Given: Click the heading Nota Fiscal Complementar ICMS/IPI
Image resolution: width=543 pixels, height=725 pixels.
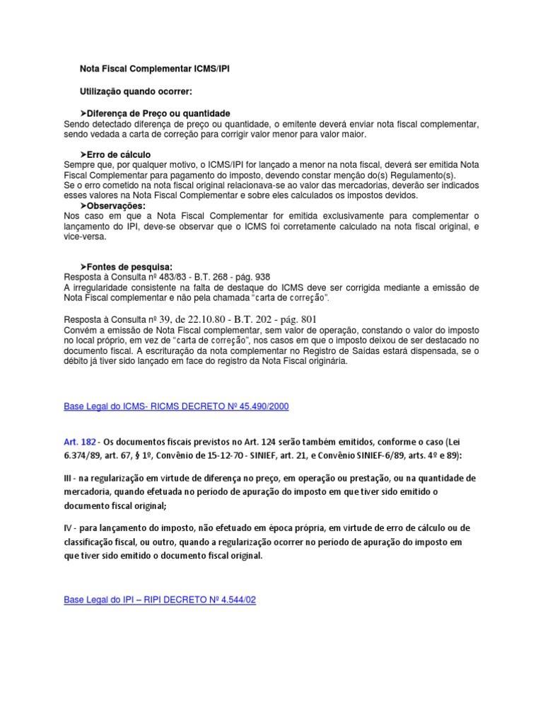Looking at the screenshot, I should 153,69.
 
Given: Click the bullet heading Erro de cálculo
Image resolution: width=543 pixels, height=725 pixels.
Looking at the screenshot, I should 118,154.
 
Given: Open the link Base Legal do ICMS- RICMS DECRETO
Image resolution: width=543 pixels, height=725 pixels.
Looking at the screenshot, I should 176,406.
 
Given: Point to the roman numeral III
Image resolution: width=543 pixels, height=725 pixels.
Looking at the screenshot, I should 68,478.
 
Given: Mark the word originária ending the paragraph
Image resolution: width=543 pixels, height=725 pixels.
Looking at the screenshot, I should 326,361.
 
